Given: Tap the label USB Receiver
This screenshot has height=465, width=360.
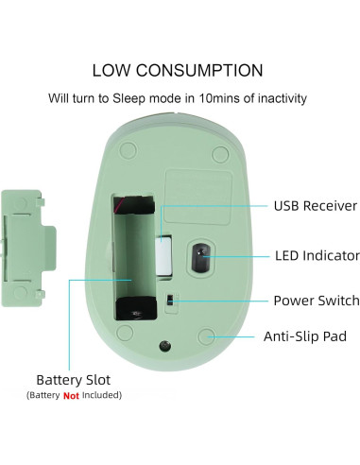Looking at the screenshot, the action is pyautogui.click(x=315, y=205).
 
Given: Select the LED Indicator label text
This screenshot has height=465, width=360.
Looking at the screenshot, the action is pyautogui.click(x=317, y=255).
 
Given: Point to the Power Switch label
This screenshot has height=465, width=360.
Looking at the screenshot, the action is pyautogui.click(x=316, y=301).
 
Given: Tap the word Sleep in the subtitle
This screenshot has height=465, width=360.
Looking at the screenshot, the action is pyautogui.click(x=132, y=97).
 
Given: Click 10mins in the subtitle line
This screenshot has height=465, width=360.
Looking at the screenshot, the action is pyautogui.click(x=205, y=97).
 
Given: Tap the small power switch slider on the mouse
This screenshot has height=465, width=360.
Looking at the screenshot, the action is pyautogui.click(x=170, y=301).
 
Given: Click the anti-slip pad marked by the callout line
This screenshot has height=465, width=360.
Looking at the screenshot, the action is pyautogui.click(x=209, y=336).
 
